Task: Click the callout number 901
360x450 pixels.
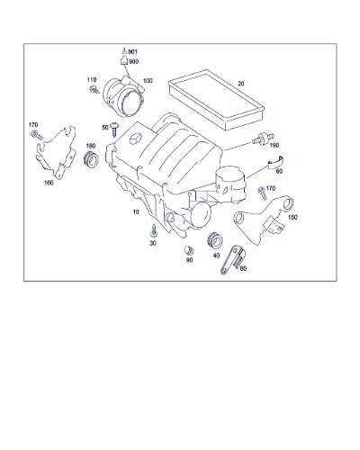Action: click(132, 52)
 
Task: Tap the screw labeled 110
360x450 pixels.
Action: click(94, 89)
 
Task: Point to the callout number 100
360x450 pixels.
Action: click(148, 81)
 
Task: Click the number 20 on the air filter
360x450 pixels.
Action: click(241, 84)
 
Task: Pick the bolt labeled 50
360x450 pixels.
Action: click(114, 129)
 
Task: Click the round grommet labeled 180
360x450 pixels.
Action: click(90, 160)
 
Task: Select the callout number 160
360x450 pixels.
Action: click(49, 183)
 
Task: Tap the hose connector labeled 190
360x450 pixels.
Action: click(263, 139)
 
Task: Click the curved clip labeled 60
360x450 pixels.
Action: click(275, 163)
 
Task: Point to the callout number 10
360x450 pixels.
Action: click(136, 212)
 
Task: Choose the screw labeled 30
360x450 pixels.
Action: click(154, 231)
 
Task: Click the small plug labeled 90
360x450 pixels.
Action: click(189, 250)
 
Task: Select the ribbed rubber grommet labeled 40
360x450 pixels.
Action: click(215, 240)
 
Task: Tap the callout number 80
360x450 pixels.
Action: click(243, 268)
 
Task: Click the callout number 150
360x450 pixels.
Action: click(292, 217)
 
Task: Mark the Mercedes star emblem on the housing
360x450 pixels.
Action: click(135, 139)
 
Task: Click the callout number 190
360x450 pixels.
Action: click(274, 146)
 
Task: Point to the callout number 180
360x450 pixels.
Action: click(91, 146)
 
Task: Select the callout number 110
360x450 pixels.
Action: click(92, 80)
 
